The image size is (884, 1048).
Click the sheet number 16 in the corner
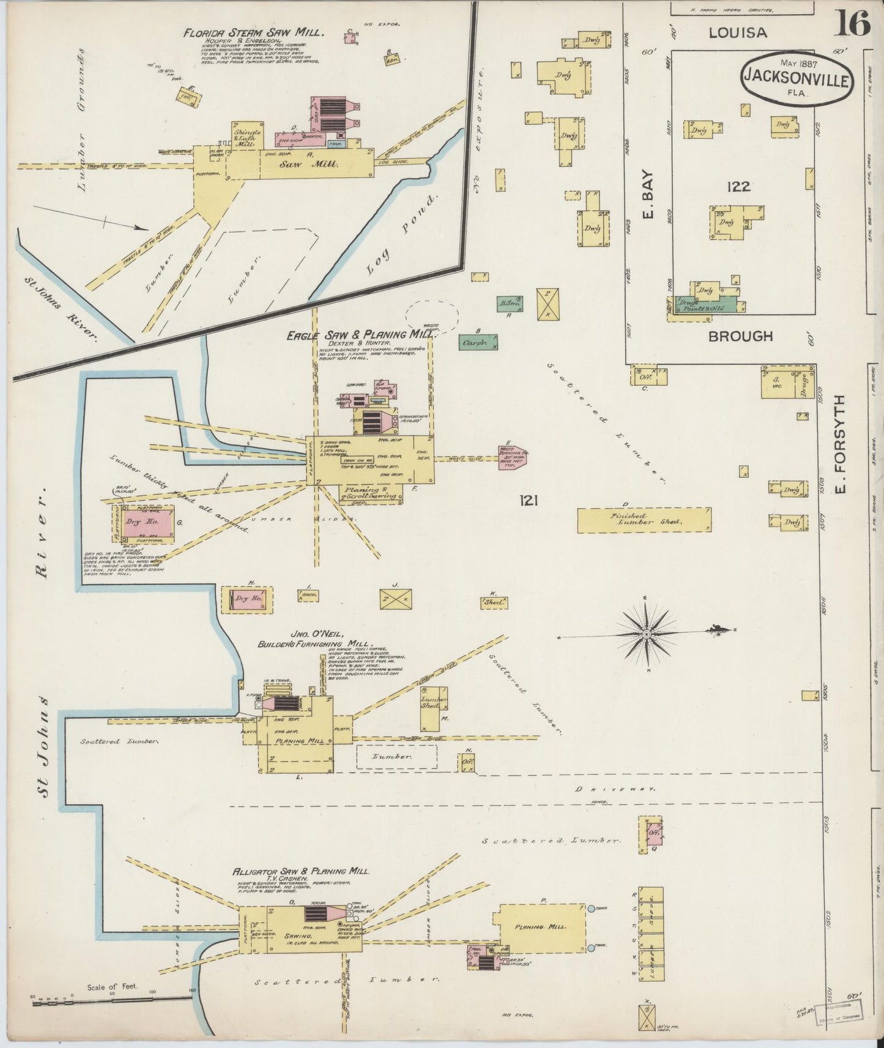click(851, 24)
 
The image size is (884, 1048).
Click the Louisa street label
click(737, 32)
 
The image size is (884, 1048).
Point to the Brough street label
click(740, 336)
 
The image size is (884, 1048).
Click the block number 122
click(738, 186)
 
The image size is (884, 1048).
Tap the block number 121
click(528, 501)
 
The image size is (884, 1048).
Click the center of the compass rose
click(647, 633)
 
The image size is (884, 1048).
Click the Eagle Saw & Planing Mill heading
click(360, 334)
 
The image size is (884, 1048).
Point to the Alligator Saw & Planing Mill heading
click(300, 871)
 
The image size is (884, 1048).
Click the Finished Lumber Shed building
click(644, 520)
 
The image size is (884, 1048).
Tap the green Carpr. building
click(478, 342)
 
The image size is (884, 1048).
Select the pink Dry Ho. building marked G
click(143, 522)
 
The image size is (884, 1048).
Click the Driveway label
click(615, 789)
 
